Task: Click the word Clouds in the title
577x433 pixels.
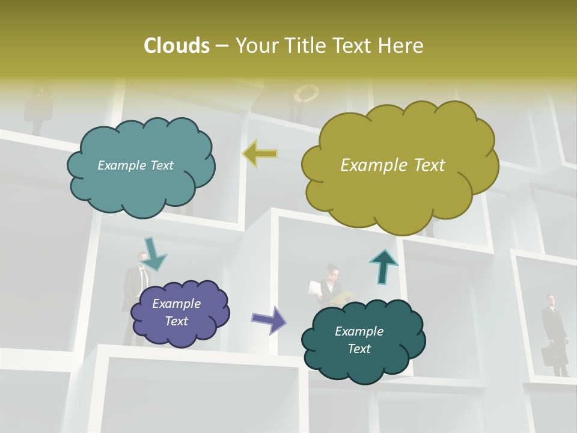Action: [x=177, y=46]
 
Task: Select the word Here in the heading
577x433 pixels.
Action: [x=402, y=46]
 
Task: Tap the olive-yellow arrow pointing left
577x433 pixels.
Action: [x=260, y=154]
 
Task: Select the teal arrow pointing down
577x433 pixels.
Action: [x=154, y=254]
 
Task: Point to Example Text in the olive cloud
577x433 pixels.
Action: [x=392, y=165]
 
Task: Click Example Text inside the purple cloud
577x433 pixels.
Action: [x=177, y=312]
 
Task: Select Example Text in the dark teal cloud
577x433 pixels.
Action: [x=359, y=340]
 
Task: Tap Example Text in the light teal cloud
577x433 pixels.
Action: [x=135, y=165]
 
